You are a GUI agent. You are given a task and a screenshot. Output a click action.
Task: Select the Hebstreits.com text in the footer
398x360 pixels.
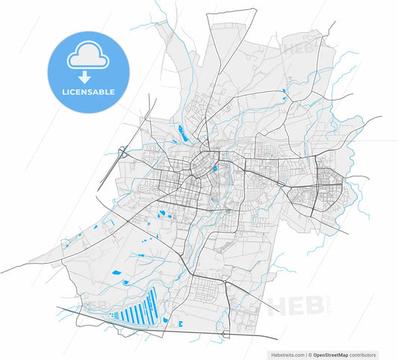[x=284, y=355]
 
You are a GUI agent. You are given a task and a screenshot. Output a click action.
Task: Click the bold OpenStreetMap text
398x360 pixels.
[x=333, y=355]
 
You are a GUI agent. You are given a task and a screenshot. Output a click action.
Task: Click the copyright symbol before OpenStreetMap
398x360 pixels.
[x=309, y=355]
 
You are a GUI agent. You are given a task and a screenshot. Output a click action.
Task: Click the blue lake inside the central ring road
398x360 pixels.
[x=215, y=168]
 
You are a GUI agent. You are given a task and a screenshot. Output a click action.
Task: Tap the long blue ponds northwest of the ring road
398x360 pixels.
[x=181, y=134]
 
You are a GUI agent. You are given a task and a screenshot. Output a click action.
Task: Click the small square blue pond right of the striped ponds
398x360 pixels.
[x=180, y=324]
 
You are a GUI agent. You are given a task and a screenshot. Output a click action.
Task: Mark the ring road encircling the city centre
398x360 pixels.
[x=203, y=164]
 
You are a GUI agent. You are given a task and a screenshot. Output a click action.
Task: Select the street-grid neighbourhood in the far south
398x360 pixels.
[x=206, y=291]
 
